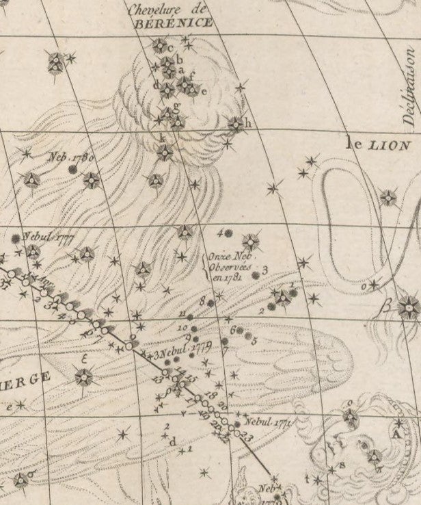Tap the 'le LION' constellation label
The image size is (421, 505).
pos(378,144)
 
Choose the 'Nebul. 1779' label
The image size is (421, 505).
pos(185,350)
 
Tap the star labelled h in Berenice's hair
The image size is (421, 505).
pos(235,124)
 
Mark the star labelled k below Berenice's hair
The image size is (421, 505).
pos(165,152)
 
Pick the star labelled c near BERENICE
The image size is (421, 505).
pos(159,47)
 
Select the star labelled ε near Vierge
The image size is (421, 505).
pos(83,376)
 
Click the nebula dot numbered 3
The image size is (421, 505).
pos(256,275)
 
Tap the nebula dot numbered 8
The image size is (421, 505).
pos(211,302)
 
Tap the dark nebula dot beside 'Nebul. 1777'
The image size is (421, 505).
pos(15,239)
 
